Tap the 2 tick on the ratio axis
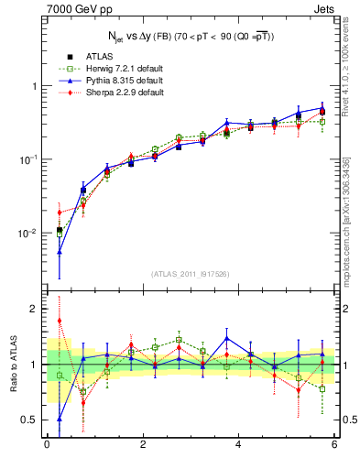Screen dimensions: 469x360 pos(34,309)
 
